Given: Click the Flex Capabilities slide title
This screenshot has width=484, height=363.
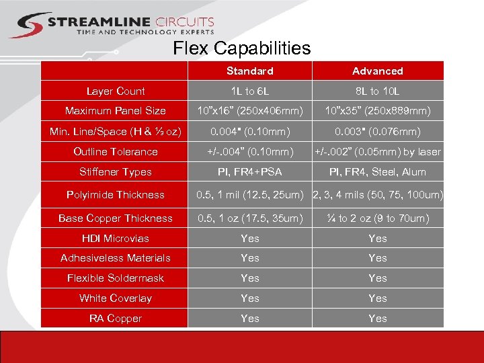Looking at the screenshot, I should [242, 48].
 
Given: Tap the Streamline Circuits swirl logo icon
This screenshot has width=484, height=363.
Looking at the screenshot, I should [27, 25].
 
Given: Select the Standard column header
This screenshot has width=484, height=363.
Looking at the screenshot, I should [249, 71].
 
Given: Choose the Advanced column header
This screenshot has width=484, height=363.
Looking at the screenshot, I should [378, 71].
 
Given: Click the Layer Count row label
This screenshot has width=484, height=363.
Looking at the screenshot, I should [116, 91].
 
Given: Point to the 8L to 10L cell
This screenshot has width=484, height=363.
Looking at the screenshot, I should [378, 91].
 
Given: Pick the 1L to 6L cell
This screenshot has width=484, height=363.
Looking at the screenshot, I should [249, 91].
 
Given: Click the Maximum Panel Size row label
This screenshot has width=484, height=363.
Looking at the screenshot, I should [116, 110].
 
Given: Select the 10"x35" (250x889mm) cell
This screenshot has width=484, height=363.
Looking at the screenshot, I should [378, 110].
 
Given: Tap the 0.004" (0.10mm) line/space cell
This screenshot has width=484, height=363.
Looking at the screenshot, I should [249, 131].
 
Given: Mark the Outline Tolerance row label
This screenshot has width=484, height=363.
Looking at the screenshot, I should [116, 151].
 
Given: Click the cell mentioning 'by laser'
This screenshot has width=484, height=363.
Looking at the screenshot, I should [378, 151].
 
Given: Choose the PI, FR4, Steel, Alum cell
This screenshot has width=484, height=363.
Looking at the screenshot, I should [378, 171].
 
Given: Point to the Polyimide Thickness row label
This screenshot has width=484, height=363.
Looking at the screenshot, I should [116, 195].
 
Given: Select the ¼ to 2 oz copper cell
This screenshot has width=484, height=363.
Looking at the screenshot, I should [378, 218].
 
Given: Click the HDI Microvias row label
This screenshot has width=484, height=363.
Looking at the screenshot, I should [116, 238].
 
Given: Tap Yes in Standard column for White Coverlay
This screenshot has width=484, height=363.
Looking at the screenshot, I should [249, 298].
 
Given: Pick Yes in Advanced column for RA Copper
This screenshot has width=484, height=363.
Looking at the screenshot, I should [378, 318].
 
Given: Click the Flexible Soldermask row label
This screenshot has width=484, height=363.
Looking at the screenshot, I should [116, 278].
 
